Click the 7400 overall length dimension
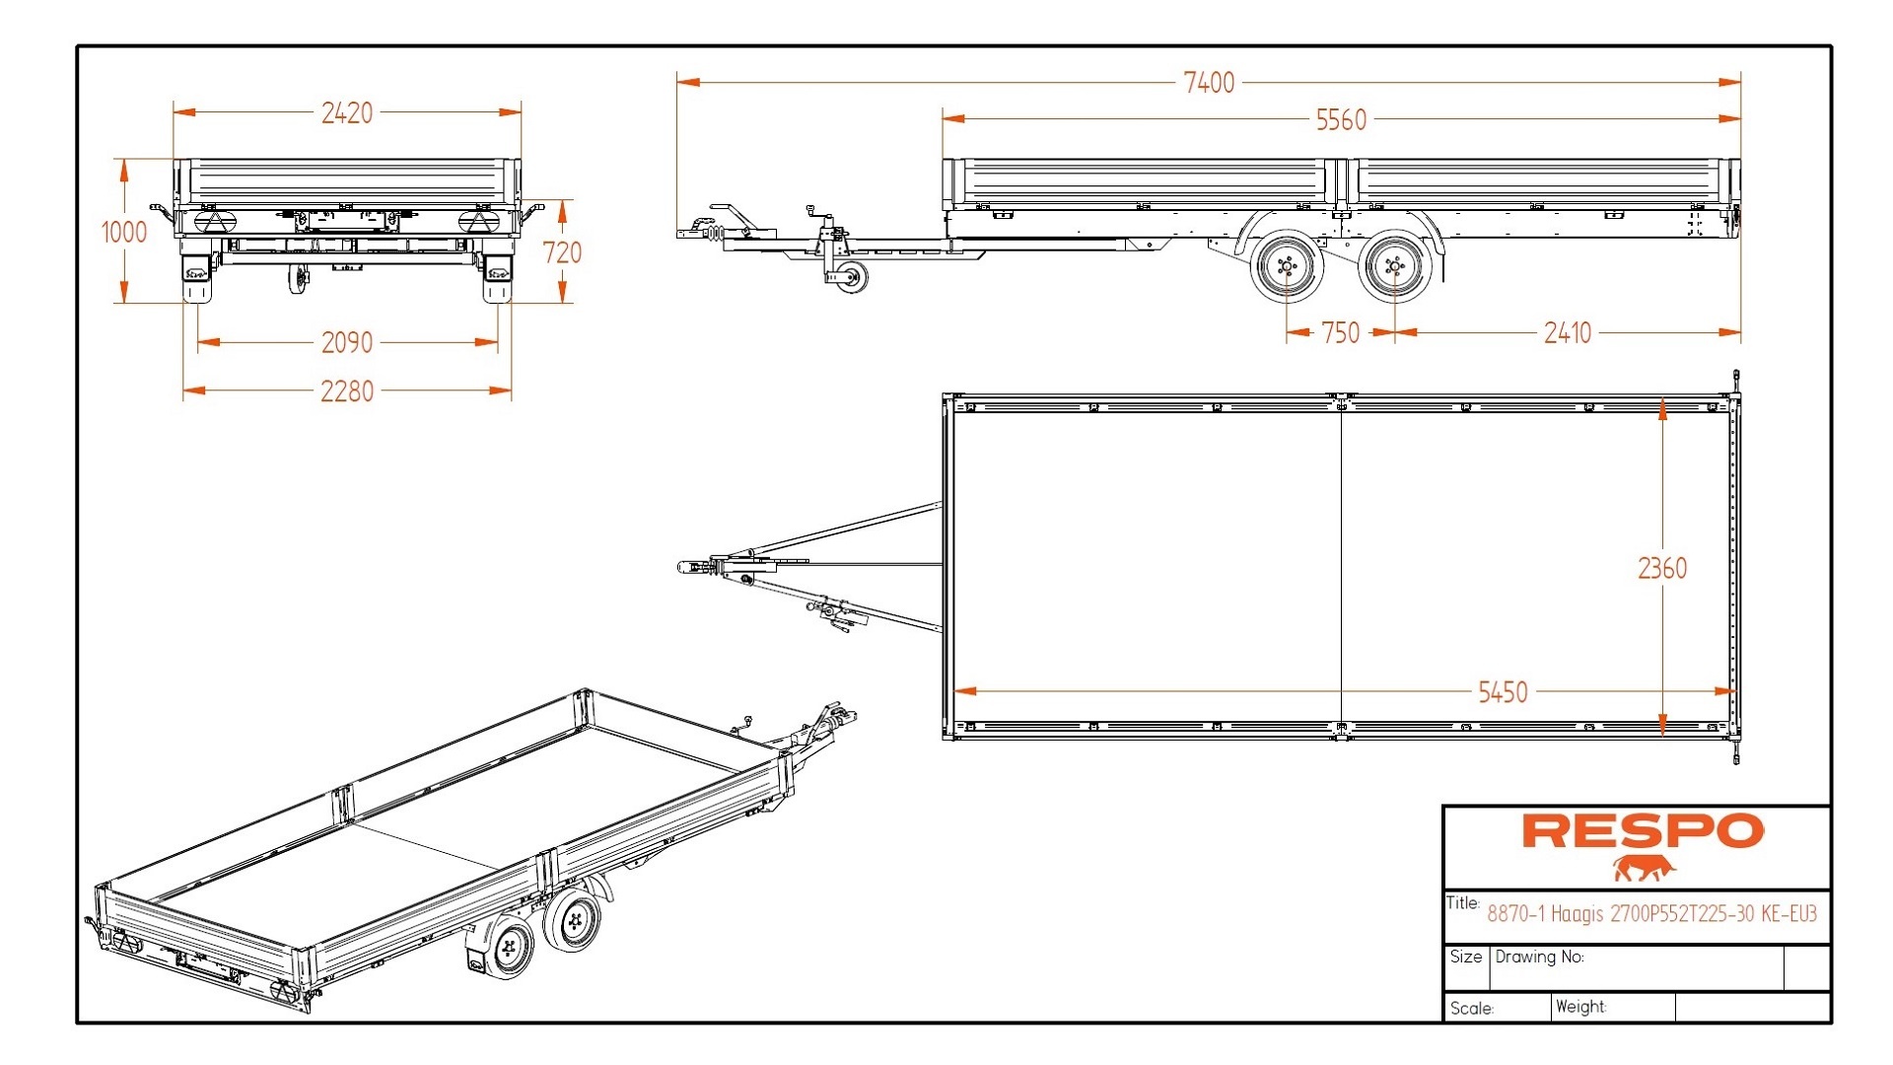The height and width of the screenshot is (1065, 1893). coord(1208,83)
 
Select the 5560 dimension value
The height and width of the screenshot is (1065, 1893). coord(1341,120)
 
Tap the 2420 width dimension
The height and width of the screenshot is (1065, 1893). coord(347,113)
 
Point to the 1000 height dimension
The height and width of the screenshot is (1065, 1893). coord(124,233)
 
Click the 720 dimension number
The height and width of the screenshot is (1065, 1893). coord(562,253)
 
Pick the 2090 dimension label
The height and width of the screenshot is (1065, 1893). coord(347,343)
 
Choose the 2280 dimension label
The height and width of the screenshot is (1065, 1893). coord(347,391)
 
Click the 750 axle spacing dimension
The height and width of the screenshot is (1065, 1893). coord(1340,333)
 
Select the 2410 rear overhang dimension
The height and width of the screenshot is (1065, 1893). coord(1567,333)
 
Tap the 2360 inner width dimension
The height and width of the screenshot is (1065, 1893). coord(1662,569)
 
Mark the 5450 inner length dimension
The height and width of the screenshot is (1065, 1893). coord(1503,692)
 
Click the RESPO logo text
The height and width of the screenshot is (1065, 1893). coord(1643,831)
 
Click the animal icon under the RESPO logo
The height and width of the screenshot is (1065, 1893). coord(1644,869)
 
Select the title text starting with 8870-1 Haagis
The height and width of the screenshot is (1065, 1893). coord(1651,914)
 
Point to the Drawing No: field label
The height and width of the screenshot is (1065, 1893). coord(1539,957)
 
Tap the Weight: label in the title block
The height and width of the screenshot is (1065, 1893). coord(1580,1007)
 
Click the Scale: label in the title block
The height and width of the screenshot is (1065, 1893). coord(1471,1009)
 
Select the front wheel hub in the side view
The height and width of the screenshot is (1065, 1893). coord(1286,266)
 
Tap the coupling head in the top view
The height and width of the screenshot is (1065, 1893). coord(690,567)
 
